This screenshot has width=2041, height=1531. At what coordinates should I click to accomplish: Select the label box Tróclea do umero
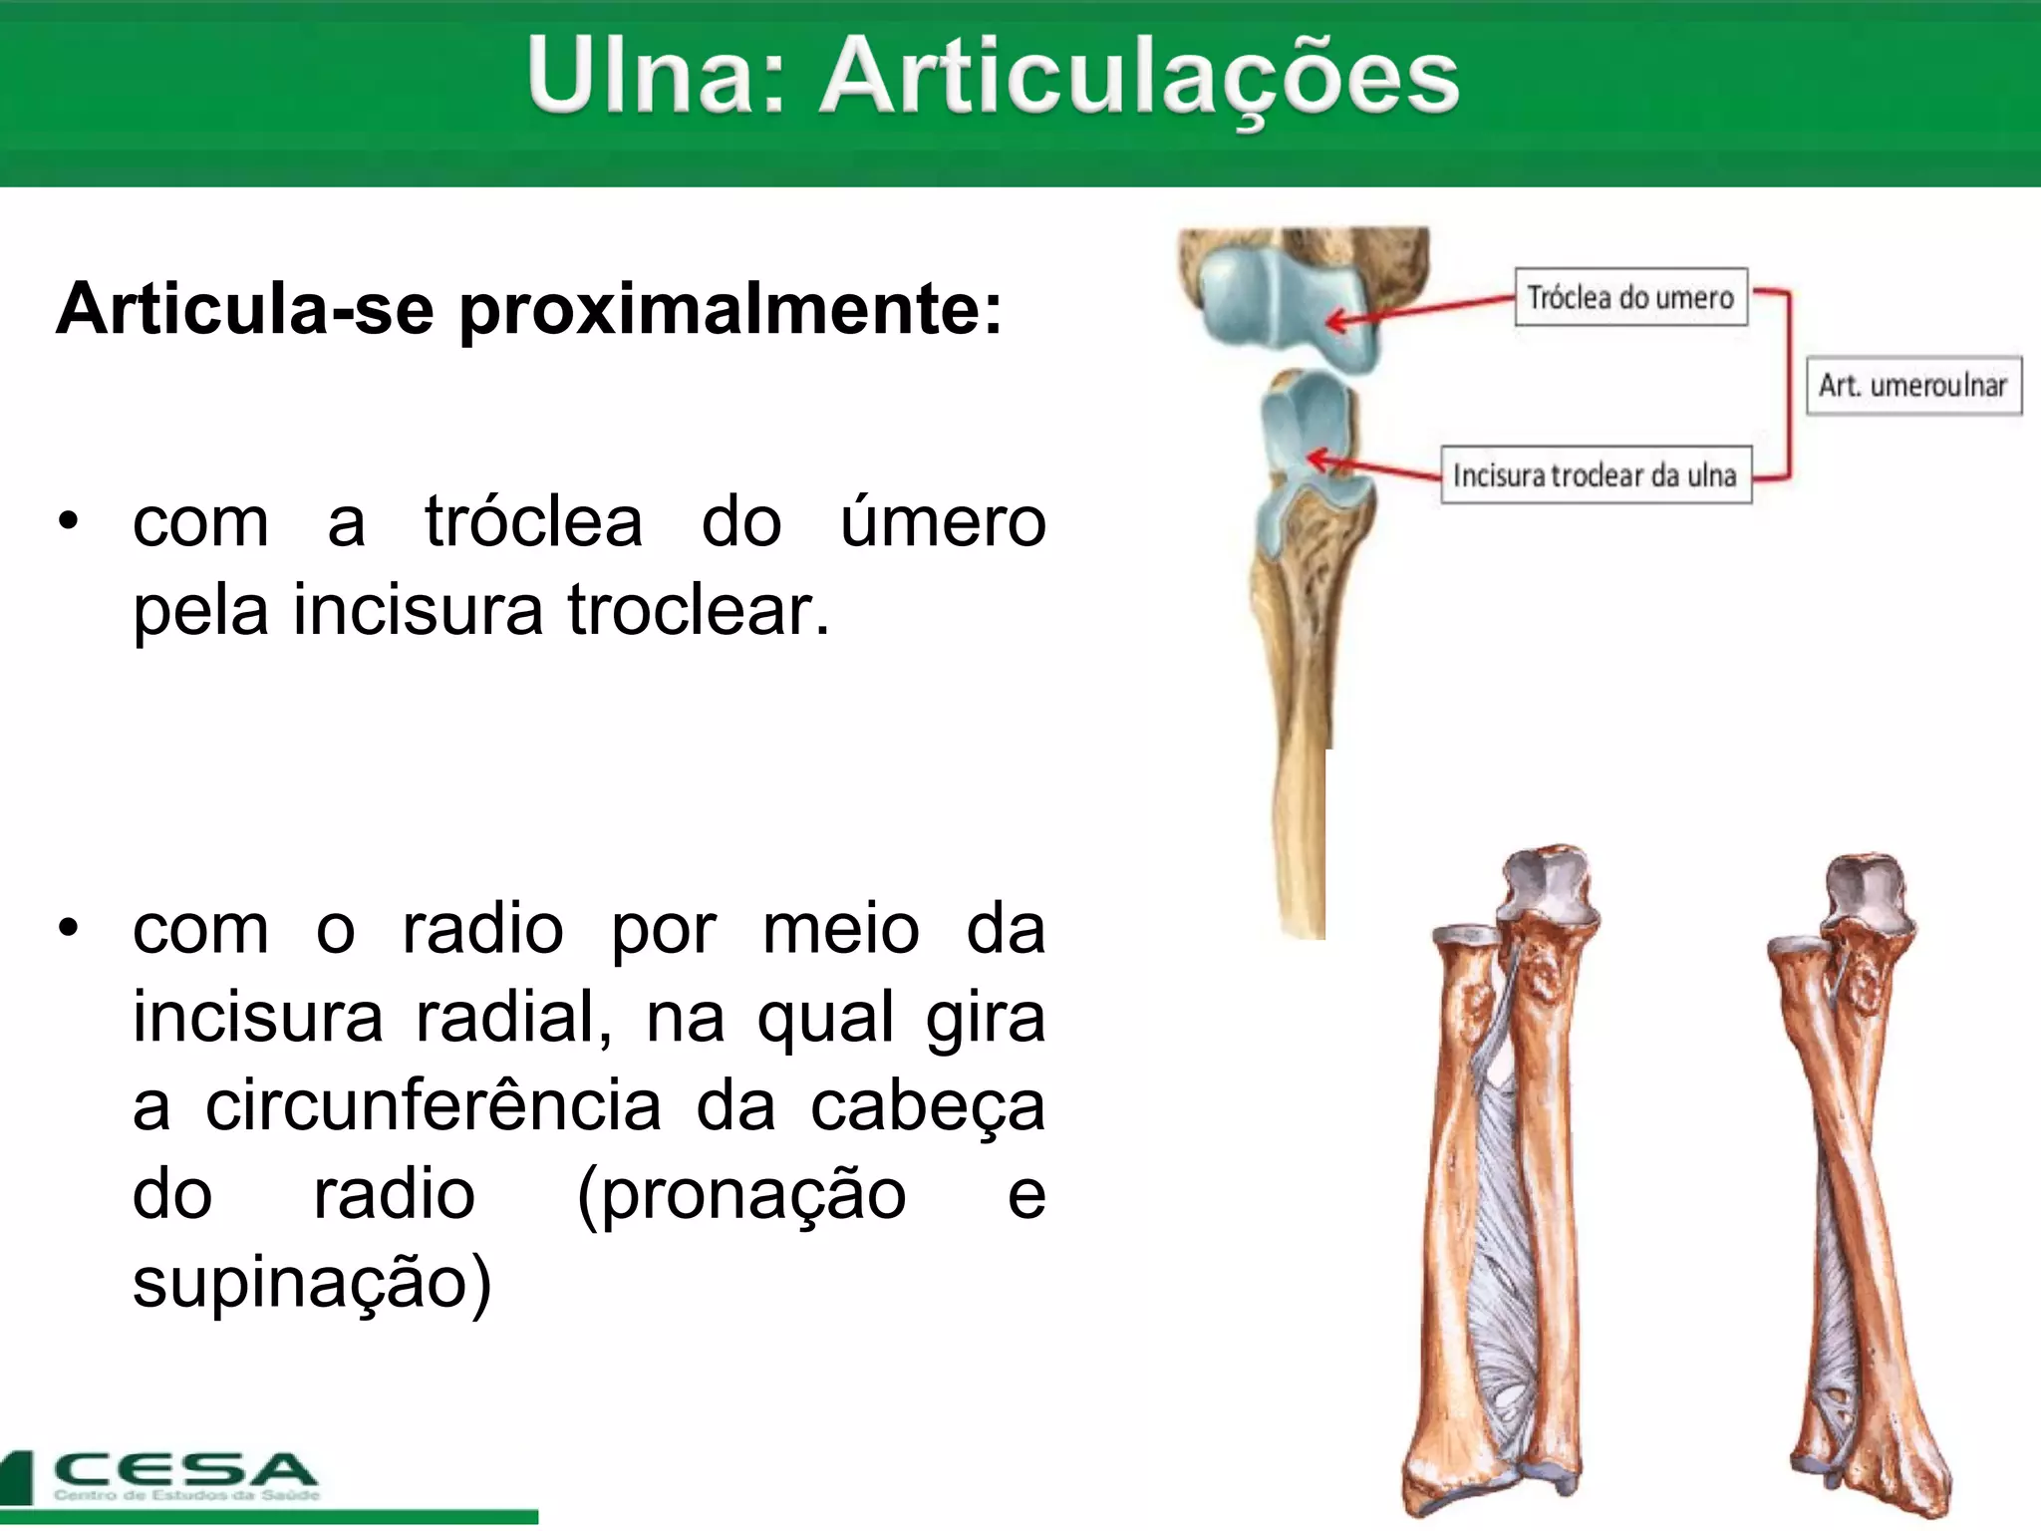[x=1630, y=297]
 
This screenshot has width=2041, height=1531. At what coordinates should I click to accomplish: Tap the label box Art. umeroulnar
[x=1913, y=385]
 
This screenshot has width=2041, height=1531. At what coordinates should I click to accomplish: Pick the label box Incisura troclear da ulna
[x=1596, y=474]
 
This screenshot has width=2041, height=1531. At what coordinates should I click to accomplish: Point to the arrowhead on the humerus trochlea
[x=1335, y=322]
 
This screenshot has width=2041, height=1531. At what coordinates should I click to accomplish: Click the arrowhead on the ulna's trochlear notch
[x=1317, y=459]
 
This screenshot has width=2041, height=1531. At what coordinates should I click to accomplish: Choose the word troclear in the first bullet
[x=698, y=610]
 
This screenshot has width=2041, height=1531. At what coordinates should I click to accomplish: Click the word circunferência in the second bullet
[x=434, y=1106]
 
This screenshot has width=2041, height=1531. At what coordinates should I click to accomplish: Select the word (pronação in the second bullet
[x=741, y=1194]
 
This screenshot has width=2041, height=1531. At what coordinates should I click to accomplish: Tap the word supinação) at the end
[x=312, y=1282]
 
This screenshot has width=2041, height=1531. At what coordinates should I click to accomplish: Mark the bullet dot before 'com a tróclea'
[x=68, y=521]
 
